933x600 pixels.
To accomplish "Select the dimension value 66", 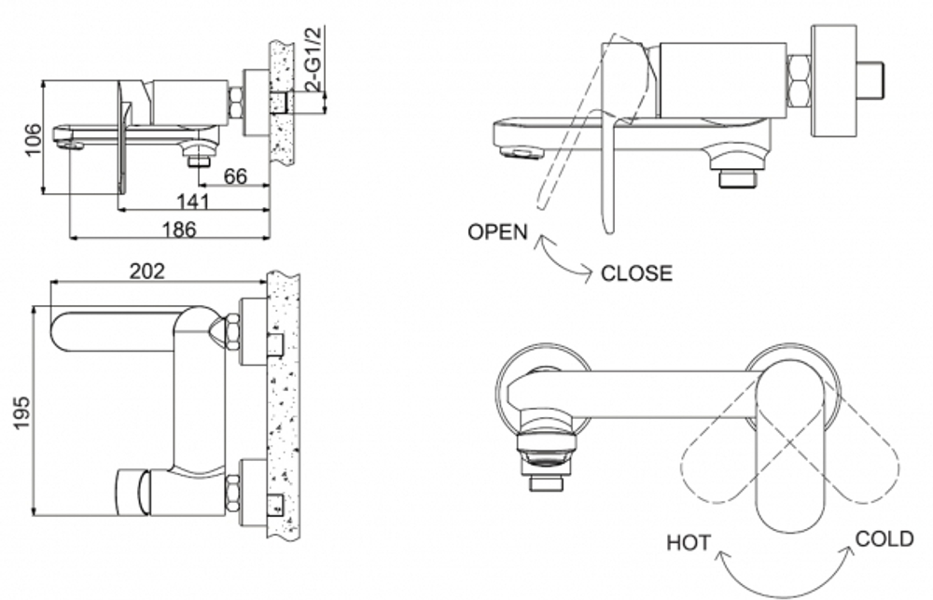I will [236, 176].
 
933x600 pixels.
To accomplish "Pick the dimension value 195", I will [24, 411].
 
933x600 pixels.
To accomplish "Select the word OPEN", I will [497, 232].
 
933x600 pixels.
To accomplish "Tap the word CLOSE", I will [635, 273].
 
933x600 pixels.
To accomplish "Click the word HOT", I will [689, 542].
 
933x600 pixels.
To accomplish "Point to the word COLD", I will [884, 538].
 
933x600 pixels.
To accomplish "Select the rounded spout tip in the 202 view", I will [60, 332].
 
